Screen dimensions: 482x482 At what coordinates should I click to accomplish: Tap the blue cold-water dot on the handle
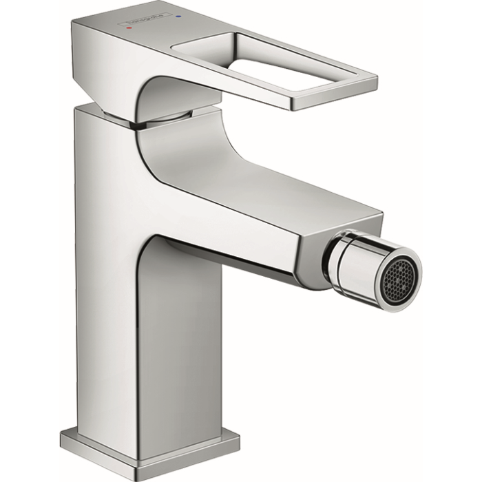[178, 14]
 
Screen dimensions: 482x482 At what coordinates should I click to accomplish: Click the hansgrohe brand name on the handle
[151, 20]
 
